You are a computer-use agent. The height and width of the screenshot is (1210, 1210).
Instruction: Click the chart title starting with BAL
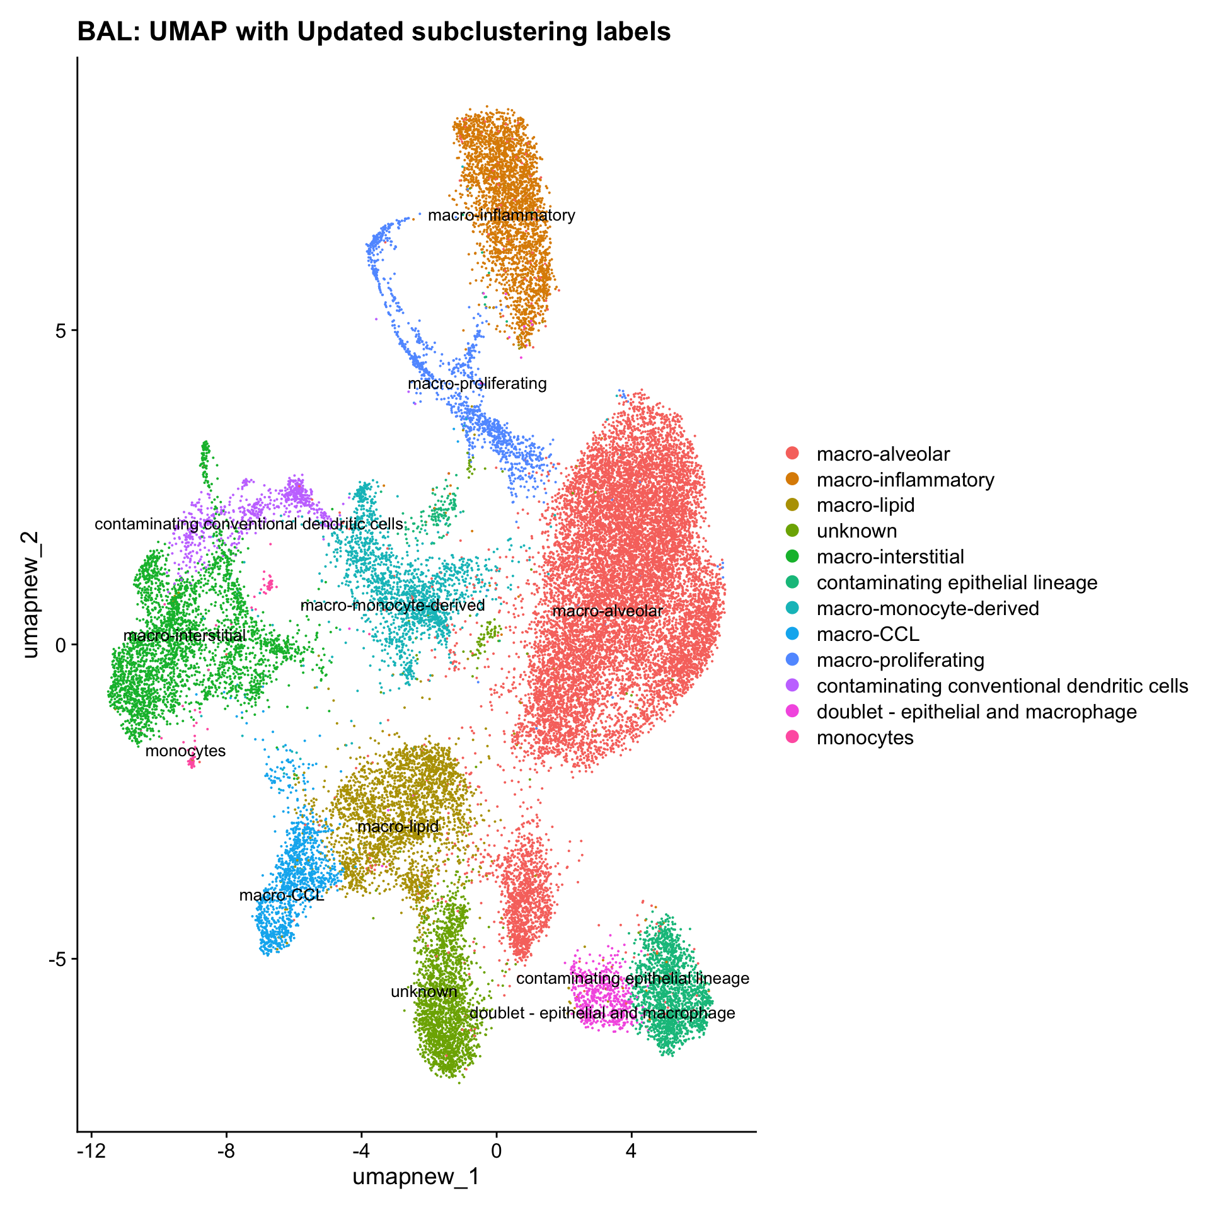pos(374,32)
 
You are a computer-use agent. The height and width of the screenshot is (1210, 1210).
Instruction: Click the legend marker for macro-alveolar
pos(792,454)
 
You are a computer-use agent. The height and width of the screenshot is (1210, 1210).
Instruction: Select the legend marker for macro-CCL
pos(792,634)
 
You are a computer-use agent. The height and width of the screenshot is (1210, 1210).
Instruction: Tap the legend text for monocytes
pos(865,737)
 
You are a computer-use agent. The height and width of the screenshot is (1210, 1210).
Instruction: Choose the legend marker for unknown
pos(792,531)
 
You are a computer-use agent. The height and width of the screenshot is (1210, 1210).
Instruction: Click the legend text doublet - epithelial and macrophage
pos(976,712)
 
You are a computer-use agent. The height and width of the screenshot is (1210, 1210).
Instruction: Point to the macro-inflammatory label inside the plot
pos(501,216)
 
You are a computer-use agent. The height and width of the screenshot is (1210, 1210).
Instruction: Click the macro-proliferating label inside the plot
pos(477,383)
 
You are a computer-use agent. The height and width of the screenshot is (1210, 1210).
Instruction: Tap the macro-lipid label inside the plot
pos(398,826)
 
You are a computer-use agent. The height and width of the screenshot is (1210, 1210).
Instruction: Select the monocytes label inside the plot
pos(185,751)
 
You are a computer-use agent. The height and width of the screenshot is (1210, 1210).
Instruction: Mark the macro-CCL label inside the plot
pos(282,895)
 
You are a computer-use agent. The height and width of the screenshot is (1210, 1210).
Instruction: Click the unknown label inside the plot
pos(424,991)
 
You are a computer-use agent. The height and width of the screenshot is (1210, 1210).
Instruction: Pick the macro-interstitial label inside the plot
pos(185,635)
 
